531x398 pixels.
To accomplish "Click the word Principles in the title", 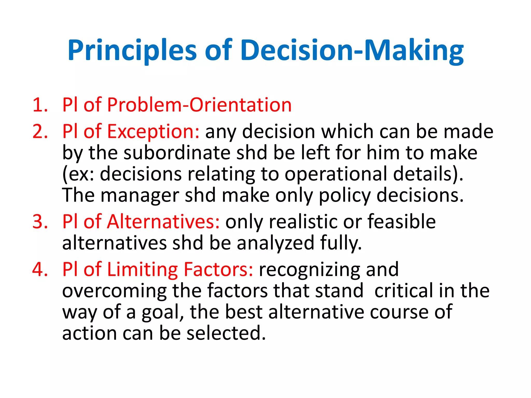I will point(132,51).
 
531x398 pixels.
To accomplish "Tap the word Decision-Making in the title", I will point(352,51).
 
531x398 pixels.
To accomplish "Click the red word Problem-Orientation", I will point(199,105).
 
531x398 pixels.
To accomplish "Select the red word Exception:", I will point(153,131).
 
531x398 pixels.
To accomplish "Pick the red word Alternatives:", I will point(163,222).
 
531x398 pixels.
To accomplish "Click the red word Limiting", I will point(142,269).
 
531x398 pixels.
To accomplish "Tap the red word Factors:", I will point(218,269).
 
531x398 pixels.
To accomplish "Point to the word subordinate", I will point(177,153).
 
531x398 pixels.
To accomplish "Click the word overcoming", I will point(114,291).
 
